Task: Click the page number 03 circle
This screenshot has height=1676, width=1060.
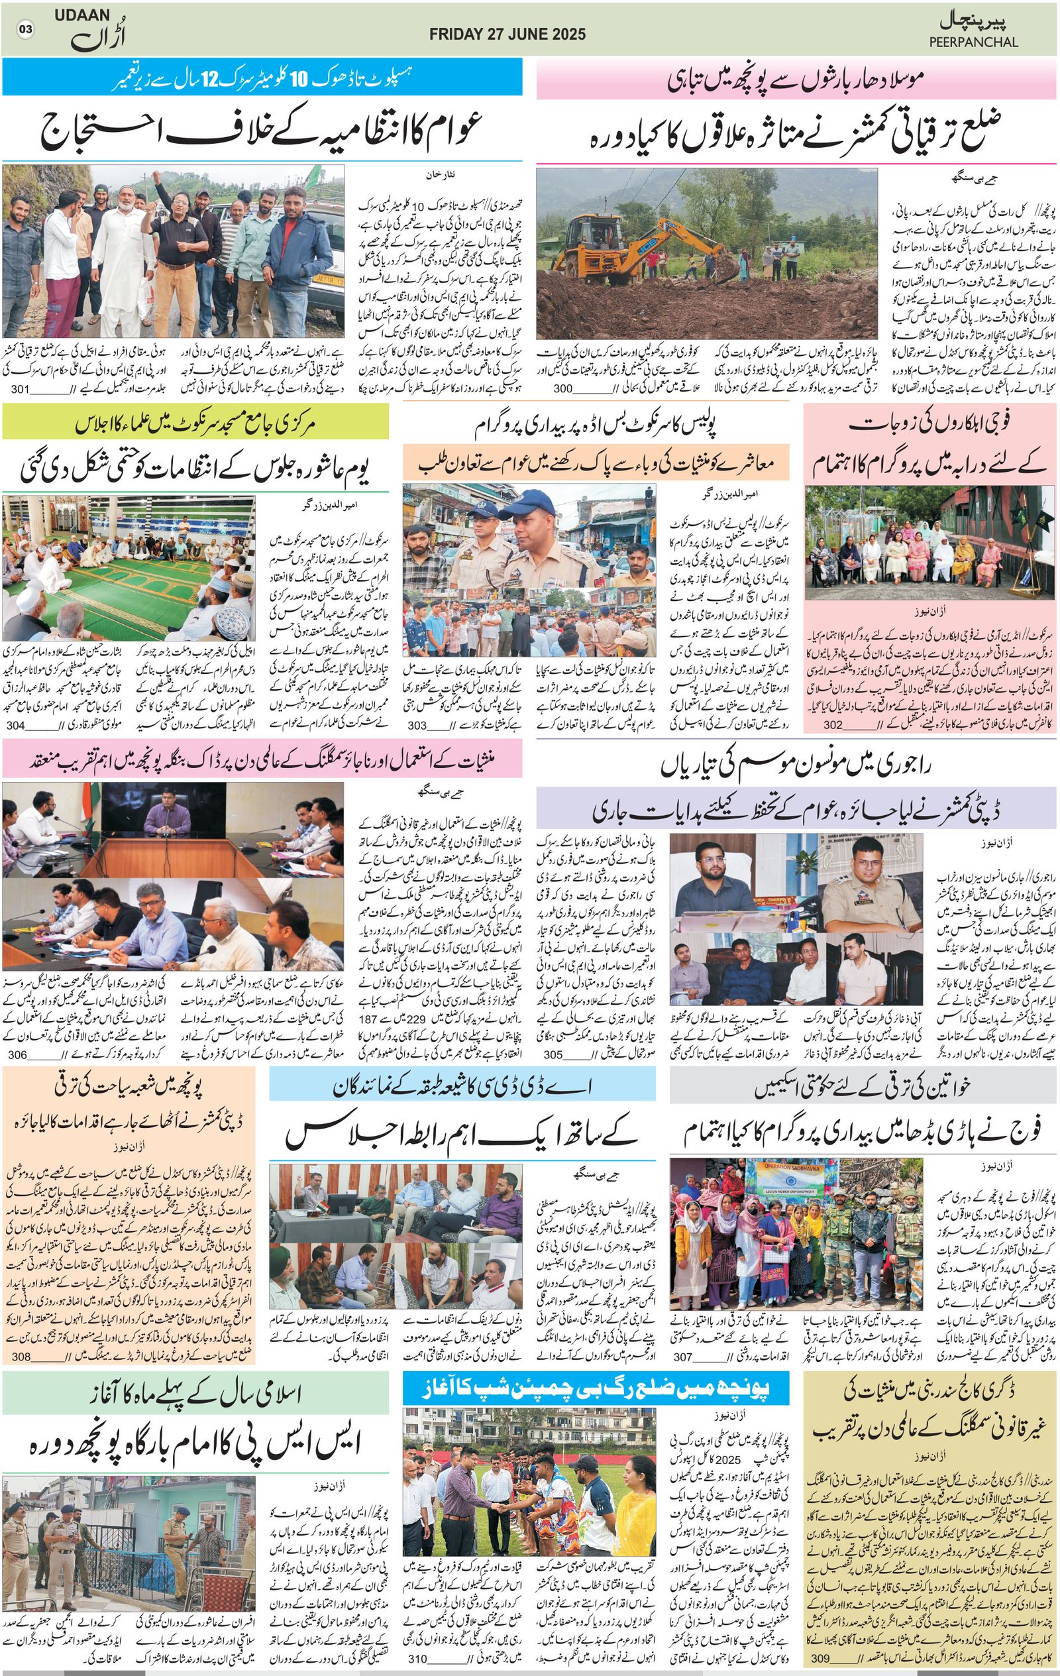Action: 26,29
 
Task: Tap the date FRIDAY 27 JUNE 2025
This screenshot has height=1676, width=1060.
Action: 507,34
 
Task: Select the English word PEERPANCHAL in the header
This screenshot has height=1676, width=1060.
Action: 973,42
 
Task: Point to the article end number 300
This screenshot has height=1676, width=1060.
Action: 562,388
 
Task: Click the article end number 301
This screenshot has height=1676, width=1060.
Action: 19,388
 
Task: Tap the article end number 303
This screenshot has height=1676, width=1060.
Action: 417,725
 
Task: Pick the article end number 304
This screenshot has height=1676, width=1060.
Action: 15,725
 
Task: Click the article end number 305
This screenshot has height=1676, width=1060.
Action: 553,1054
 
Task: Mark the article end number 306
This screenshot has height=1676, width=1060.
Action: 17,1054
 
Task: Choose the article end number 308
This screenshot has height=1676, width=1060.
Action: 21,1357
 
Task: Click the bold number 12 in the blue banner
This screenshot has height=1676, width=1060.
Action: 211,78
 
